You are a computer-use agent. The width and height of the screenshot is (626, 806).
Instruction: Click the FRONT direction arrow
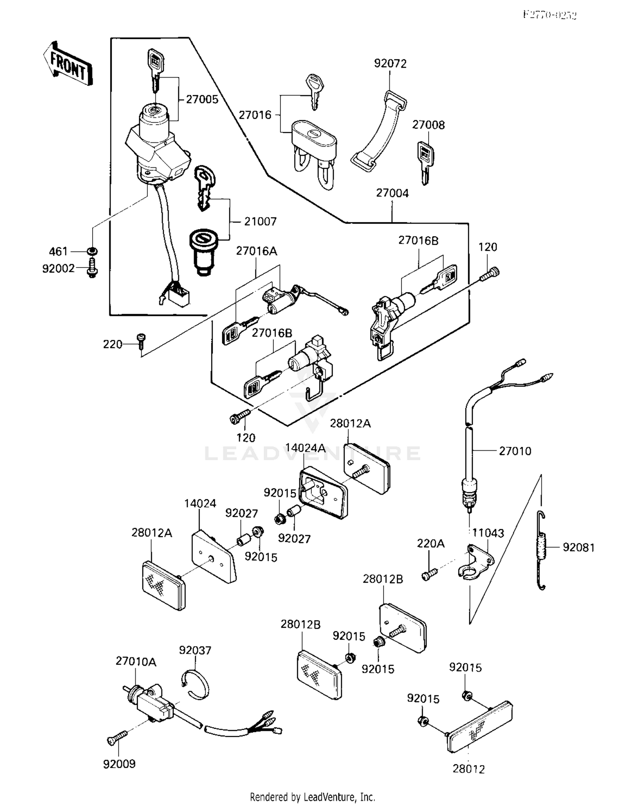[68, 64]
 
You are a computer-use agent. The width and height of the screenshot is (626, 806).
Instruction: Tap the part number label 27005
[202, 99]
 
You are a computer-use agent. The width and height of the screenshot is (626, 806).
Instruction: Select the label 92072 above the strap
[390, 63]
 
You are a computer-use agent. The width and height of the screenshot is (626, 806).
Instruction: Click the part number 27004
[392, 193]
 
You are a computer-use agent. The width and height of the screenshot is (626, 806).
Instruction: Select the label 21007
[260, 221]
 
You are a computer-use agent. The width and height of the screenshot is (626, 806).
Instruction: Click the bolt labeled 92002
[92, 268]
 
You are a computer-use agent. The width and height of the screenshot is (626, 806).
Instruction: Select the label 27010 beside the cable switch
[515, 451]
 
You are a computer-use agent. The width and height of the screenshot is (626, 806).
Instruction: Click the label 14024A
[305, 448]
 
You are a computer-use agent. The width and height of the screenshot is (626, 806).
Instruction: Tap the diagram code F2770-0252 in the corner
[550, 15]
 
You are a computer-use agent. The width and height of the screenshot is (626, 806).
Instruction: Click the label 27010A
[136, 661]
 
